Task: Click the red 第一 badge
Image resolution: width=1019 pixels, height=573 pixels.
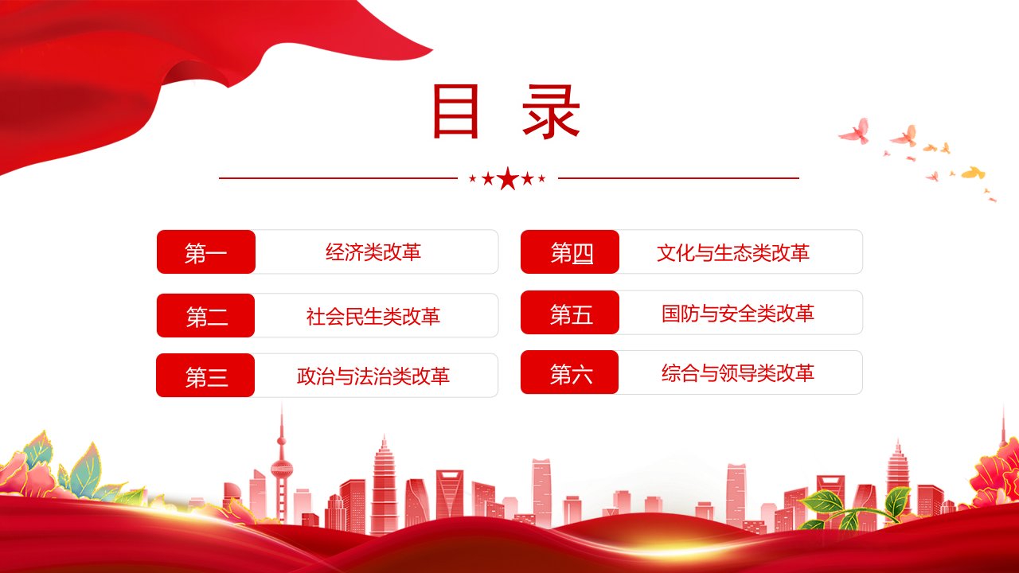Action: (206, 252)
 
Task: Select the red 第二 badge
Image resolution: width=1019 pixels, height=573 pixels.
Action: (205, 316)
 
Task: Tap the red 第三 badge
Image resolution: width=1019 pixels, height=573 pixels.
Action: (205, 376)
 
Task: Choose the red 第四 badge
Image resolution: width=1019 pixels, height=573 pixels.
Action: (570, 252)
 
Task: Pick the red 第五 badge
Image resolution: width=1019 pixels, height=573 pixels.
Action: (570, 313)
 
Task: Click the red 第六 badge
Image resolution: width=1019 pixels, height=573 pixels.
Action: (569, 372)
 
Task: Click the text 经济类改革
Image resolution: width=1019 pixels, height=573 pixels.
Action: (373, 252)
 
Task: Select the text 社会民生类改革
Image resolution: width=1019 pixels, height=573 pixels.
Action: (373, 317)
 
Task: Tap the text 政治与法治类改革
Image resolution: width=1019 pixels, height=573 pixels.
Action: (373, 376)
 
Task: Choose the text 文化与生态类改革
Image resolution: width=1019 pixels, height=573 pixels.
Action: (733, 253)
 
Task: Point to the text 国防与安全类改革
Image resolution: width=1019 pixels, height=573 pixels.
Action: (737, 314)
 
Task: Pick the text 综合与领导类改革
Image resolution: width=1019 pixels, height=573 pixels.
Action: (737, 373)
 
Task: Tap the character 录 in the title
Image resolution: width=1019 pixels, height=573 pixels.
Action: (552, 111)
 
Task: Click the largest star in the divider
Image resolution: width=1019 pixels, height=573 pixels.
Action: (508, 178)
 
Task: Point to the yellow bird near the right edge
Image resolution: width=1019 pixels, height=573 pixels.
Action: (973, 173)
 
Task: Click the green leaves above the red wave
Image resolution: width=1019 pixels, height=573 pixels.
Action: (823, 502)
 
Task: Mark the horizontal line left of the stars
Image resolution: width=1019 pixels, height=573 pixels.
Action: (338, 178)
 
